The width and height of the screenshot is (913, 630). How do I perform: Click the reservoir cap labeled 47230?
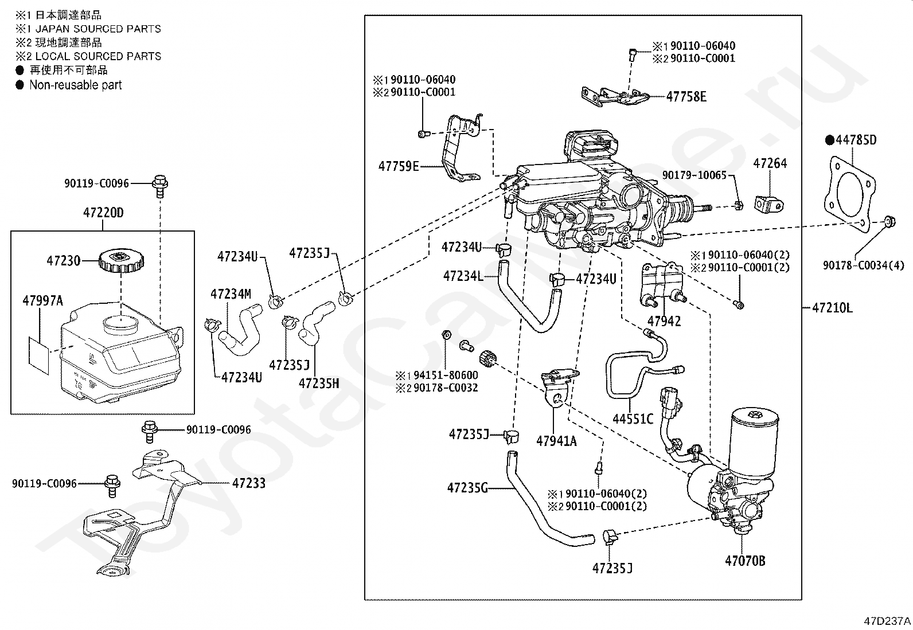121,261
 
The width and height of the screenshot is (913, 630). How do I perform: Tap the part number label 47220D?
103,213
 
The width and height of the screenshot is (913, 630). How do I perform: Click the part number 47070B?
745,561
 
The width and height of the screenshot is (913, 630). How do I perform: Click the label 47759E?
399,166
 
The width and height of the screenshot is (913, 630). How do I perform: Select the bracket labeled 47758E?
615,97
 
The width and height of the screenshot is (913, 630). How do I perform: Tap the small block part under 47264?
770,205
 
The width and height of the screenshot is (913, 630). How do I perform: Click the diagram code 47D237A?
887,621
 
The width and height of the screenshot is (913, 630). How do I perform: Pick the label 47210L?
832,308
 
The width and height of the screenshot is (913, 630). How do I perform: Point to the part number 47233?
249,483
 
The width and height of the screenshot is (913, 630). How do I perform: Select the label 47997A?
43,301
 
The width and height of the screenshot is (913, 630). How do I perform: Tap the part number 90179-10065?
694,175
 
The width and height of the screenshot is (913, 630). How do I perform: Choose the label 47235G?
467,488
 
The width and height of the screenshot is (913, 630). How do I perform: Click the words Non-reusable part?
75,85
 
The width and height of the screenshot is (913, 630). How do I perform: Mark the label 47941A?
556,441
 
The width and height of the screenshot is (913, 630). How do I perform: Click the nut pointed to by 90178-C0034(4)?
889,222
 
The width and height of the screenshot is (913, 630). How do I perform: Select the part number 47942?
664,321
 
